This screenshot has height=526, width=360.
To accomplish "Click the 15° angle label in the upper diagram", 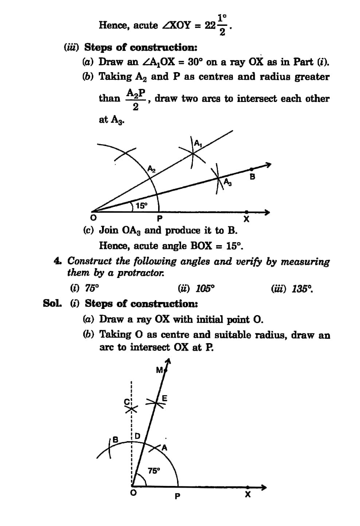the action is tap(141, 205).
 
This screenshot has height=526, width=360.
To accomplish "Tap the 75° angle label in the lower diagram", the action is tap(154, 471).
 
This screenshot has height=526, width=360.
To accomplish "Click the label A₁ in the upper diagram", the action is tap(197, 143).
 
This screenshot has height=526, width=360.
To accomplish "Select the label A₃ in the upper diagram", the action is tap(227, 182).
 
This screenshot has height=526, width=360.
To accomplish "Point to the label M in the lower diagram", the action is tap(159, 370).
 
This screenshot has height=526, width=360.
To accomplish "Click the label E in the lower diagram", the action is tap(164, 398).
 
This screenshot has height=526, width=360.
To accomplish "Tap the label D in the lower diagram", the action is tap(137, 436).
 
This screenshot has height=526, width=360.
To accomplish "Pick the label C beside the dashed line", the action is tap(127, 402).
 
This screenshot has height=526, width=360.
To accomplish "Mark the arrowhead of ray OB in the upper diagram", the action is tap(268, 165).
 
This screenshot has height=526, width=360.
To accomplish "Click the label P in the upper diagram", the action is tap(159, 219).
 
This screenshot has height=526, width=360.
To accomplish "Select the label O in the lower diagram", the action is tap(133, 493).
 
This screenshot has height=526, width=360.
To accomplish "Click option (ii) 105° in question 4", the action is tap(196, 289).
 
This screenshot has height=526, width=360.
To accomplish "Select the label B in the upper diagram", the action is tap(252, 177).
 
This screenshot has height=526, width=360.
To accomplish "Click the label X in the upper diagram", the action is tap(246, 219).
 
